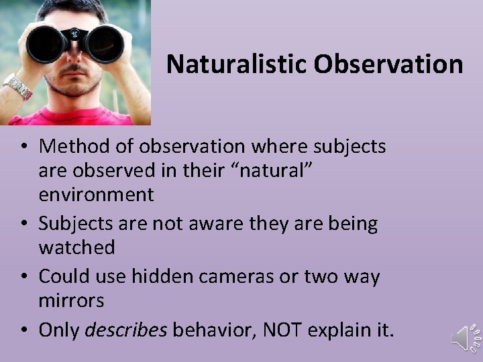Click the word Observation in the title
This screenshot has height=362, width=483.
click(388, 64)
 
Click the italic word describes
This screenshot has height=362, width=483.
click(126, 329)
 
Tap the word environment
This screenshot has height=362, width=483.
click(96, 195)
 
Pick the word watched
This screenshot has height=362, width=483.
click(77, 247)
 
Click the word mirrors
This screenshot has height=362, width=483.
click(72, 300)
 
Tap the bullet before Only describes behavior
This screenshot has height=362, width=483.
click(24, 329)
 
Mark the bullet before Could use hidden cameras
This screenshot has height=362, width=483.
click(24, 276)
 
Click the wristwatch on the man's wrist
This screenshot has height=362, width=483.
click(18, 86)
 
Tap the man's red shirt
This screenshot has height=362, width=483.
click(74, 118)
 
